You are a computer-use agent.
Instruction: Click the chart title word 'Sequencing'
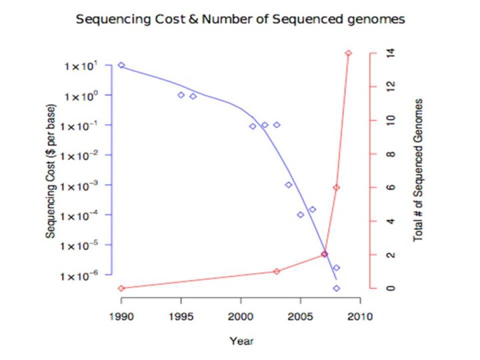(108, 19)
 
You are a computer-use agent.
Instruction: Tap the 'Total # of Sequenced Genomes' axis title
(419, 170)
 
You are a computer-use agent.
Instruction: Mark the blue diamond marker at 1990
(121, 65)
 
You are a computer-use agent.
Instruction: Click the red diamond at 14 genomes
(348, 53)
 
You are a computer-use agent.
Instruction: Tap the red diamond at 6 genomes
(337, 187)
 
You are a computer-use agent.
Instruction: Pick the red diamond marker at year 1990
(121, 288)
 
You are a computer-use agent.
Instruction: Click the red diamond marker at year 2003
(277, 271)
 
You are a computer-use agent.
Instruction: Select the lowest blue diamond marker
(337, 288)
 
